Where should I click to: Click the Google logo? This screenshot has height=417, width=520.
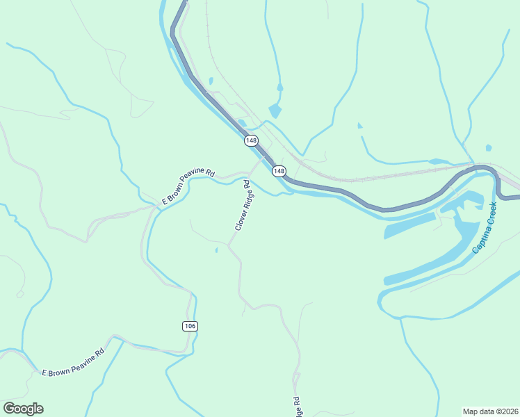click(x=23, y=409)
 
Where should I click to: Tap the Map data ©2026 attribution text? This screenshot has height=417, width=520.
click(x=490, y=411)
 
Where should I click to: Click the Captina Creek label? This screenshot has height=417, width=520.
click(x=485, y=227)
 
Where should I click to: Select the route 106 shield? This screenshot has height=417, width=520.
click(x=190, y=326)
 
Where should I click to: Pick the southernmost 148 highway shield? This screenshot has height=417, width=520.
click(x=279, y=171)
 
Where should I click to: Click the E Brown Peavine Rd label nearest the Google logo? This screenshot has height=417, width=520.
click(x=72, y=363)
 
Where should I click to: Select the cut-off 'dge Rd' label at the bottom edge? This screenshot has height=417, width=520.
click(x=298, y=407)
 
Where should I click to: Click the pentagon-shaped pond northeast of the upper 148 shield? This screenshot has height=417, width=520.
click(x=275, y=111)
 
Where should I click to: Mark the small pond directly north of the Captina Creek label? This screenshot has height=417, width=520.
click(x=488, y=148)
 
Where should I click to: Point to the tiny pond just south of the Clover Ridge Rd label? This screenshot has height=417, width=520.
click(x=216, y=250)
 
